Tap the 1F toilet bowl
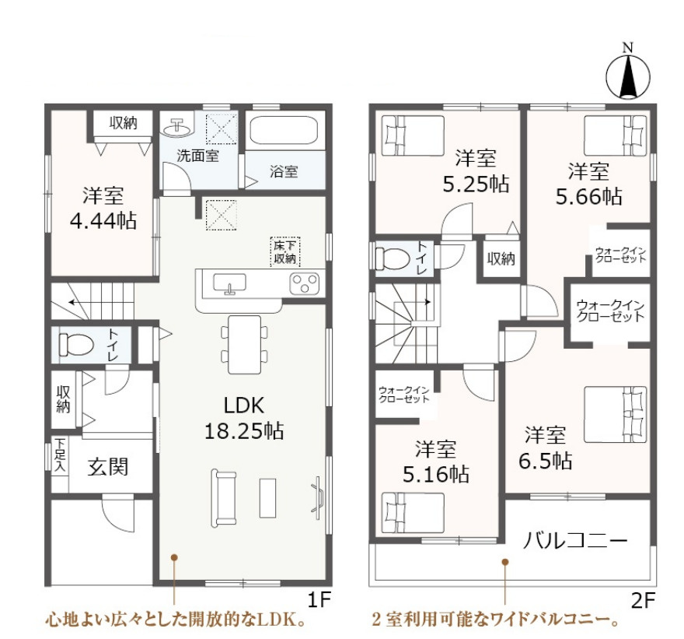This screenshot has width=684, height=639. pos(76,345)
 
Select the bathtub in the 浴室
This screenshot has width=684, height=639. pos(284,130)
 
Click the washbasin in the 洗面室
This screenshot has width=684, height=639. pos(178,127)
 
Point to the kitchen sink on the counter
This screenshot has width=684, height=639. pos(229,283)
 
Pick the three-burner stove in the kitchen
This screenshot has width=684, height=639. pos(305,283)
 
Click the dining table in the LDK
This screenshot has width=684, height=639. pos(244,345)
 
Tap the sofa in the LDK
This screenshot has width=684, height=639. pos(223,497)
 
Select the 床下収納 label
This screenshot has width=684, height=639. pos(284,252)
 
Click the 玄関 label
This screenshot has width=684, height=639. pos(108,467)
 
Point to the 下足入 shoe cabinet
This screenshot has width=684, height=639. pos(60,455)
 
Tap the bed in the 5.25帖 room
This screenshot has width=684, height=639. pos(413,135)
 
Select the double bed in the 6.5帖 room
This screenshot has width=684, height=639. pos(615,414)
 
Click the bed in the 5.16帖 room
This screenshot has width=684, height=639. pos(413,513)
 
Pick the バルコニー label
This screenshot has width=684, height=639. pos(575,541)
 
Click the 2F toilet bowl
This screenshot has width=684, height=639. pos(393,258)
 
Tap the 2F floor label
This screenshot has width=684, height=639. pos(644,602)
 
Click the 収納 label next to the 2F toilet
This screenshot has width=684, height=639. pos(501,259)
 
